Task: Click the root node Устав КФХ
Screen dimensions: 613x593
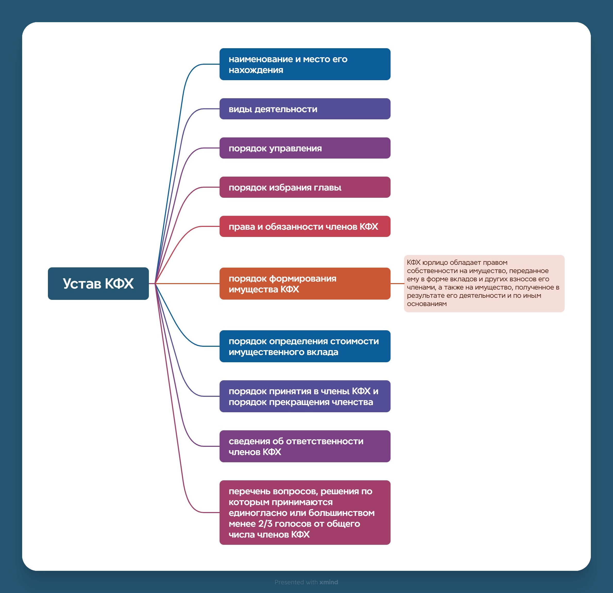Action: click(98, 283)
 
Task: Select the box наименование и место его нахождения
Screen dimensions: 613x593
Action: click(305, 64)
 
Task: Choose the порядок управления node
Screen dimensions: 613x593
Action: click(305, 148)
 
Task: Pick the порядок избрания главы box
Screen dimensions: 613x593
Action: click(305, 187)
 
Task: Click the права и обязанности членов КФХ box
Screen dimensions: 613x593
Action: click(305, 226)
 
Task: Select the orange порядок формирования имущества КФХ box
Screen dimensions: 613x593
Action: click(305, 284)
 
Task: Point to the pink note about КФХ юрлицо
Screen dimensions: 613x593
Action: click(484, 283)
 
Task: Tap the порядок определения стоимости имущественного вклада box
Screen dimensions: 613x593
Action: click(305, 346)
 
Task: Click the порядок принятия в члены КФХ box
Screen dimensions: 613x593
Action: click(305, 396)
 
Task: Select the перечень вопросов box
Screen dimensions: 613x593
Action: click(305, 513)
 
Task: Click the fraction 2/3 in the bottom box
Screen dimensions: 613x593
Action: click(265, 523)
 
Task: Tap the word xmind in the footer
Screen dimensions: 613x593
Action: click(329, 582)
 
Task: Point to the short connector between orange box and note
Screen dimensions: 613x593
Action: click(397, 284)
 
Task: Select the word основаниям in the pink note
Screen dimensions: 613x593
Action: click(427, 304)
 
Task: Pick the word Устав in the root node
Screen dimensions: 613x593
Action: click(82, 284)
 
